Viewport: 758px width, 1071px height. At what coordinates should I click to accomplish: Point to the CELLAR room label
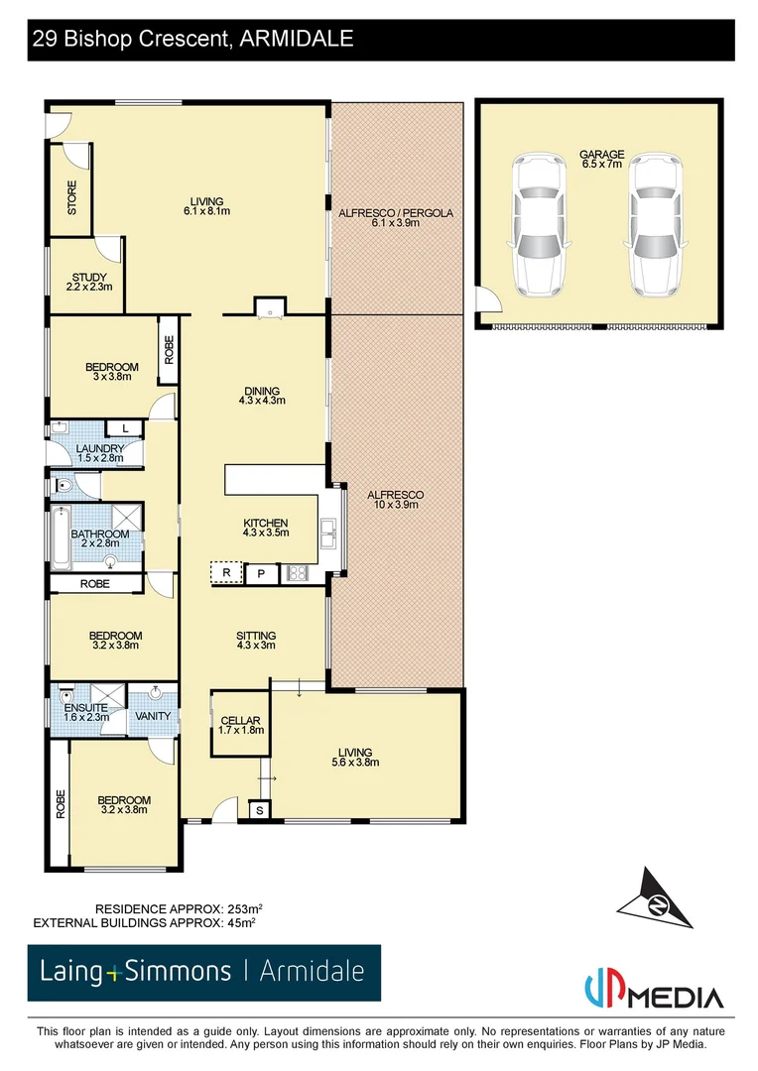(240, 725)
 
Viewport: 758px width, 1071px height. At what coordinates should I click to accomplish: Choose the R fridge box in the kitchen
(226, 572)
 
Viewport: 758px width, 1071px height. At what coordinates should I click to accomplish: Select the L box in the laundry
(125, 427)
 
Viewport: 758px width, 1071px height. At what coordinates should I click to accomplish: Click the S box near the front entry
(260, 810)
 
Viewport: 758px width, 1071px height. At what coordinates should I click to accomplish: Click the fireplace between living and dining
(269, 307)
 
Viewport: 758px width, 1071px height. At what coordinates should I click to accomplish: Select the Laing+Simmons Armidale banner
(202, 973)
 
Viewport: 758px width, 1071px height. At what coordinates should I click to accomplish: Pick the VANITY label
(153, 715)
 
